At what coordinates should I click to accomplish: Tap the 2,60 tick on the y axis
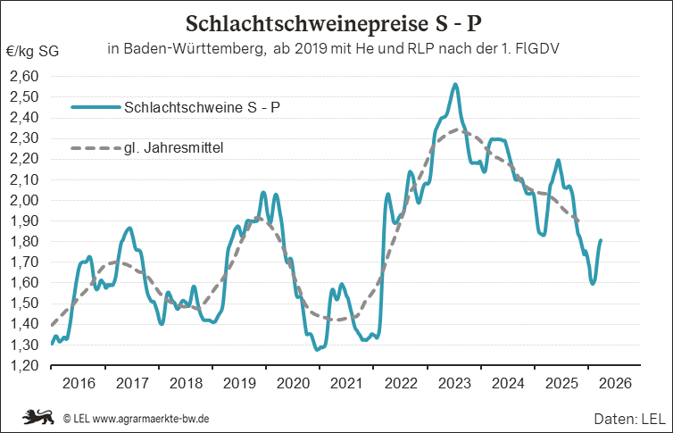25,77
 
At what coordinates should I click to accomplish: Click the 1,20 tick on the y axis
25,365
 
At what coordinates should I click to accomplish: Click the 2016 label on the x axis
79,383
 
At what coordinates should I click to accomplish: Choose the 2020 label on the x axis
294,383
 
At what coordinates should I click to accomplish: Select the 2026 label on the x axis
615,383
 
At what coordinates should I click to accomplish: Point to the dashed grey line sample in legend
95,148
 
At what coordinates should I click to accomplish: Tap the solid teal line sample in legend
95,108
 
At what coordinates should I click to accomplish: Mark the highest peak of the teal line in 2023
456,85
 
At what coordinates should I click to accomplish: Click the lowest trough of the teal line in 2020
317,349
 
